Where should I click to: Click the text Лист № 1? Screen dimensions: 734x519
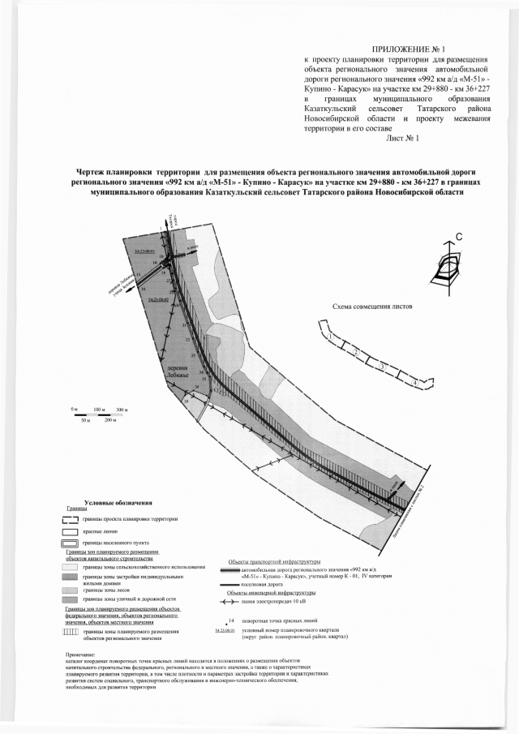coord(402,138)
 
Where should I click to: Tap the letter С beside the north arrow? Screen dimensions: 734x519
coord(459,237)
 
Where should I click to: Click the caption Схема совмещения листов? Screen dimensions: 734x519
coord(372,307)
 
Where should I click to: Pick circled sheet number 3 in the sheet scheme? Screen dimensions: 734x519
coord(382,366)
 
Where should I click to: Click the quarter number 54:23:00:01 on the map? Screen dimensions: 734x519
coord(144,251)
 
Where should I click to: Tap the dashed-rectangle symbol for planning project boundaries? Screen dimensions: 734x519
coord(71,518)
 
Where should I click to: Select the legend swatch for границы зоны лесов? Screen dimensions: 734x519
coord(71,591)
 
